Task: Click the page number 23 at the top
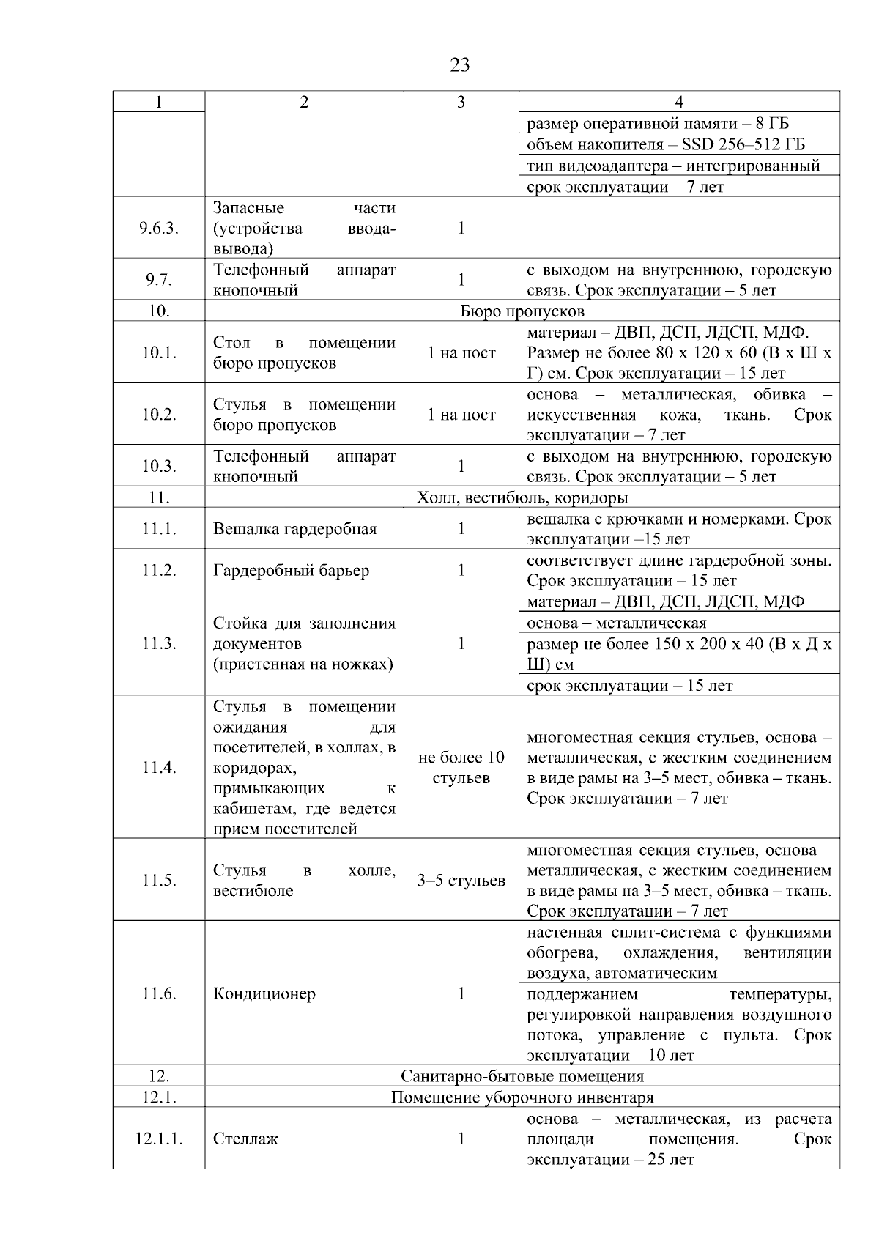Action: (460, 65)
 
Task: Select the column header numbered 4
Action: (679, 102)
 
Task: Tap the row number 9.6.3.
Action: (159, 228)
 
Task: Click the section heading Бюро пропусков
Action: (522, 311)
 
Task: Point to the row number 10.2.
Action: (159, 415)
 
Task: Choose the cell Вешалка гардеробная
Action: (294, 529)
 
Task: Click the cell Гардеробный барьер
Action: (291, 570)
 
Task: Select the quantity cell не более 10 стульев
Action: (461, 767)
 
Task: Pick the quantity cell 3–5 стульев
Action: (461, 881)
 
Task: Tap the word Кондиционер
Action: (264, 993)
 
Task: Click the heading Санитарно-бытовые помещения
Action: (522, 1076)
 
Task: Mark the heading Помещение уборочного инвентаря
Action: (522, 1097)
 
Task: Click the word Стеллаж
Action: (245, 1139)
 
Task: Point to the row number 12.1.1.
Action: (159, 1139)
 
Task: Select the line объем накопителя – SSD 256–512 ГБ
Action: (666, 144)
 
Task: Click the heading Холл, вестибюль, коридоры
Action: (522, 498)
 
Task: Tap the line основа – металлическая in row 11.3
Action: (617, 623)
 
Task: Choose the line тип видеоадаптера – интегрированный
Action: (673, 166)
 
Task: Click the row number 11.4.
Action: (159, 767)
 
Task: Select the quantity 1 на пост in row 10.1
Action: (461, 353)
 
